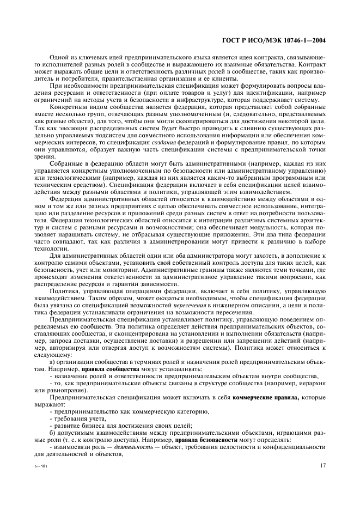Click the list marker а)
tap(53, 362)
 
